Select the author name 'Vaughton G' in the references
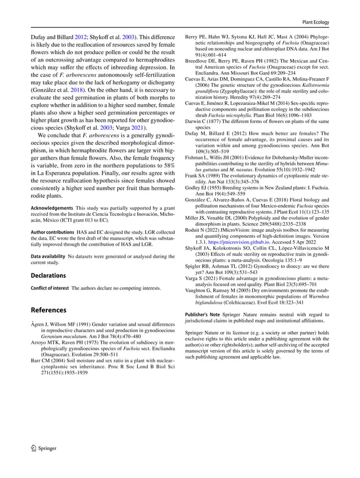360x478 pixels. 203,289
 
